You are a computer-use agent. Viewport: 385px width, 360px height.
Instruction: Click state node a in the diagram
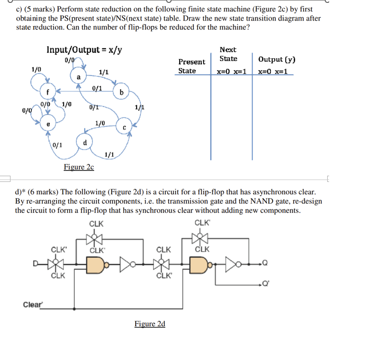78,77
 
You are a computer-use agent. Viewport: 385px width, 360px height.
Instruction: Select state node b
121,92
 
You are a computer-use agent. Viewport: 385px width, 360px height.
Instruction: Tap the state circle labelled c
124,127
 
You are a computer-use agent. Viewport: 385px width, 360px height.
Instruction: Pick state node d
85,142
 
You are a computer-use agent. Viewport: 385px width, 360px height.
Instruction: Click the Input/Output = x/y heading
84,50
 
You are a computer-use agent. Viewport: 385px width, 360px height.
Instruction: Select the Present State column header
192,66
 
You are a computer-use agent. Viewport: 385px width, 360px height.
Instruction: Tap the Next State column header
228,54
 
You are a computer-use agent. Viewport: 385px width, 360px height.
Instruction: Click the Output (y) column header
277,60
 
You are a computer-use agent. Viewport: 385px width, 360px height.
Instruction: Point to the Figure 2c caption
79,167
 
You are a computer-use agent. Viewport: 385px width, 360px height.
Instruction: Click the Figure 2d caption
150,324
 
